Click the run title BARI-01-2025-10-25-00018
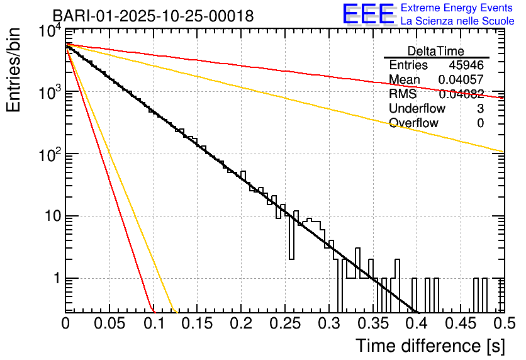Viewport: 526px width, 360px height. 153,16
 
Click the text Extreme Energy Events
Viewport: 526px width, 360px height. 457,8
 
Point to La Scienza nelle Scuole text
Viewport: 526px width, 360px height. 457,21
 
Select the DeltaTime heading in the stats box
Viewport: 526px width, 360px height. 436,51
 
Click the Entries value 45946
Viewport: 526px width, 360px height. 466,65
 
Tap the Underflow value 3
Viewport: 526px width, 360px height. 480,108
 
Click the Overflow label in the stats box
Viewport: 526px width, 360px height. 413,123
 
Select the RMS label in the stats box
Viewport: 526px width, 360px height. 403,94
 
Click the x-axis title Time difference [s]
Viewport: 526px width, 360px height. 429,346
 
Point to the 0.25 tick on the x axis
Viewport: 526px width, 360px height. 285,324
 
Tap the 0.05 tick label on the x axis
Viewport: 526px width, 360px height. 109,324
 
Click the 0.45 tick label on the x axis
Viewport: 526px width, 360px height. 460,324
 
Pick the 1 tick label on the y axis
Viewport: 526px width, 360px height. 55,279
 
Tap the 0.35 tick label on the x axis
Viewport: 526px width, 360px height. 372,324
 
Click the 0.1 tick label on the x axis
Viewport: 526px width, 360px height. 153,324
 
